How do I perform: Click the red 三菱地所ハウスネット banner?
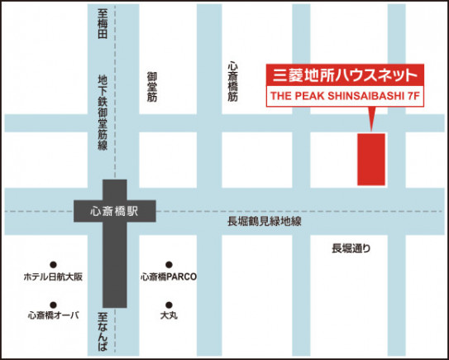click(x=346, y=74)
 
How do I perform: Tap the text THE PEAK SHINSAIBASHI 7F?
click(x=346, y=97)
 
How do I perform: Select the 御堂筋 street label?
click(x=151, y=87)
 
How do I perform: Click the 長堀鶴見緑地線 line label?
click(x=265, y=223)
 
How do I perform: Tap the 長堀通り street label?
click(x=351, y=248)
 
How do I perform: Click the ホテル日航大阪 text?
click(x=53, y=277)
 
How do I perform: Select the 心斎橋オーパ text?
click(x=54, y=315)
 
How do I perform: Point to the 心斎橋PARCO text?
click(x=168, y=277)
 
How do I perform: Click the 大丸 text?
click(x=168, y=315)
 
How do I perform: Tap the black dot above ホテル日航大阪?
click(x=53, y=264)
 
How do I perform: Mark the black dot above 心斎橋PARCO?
click(x=168, y=264)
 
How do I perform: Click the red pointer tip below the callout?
click(x=371, y=129)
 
